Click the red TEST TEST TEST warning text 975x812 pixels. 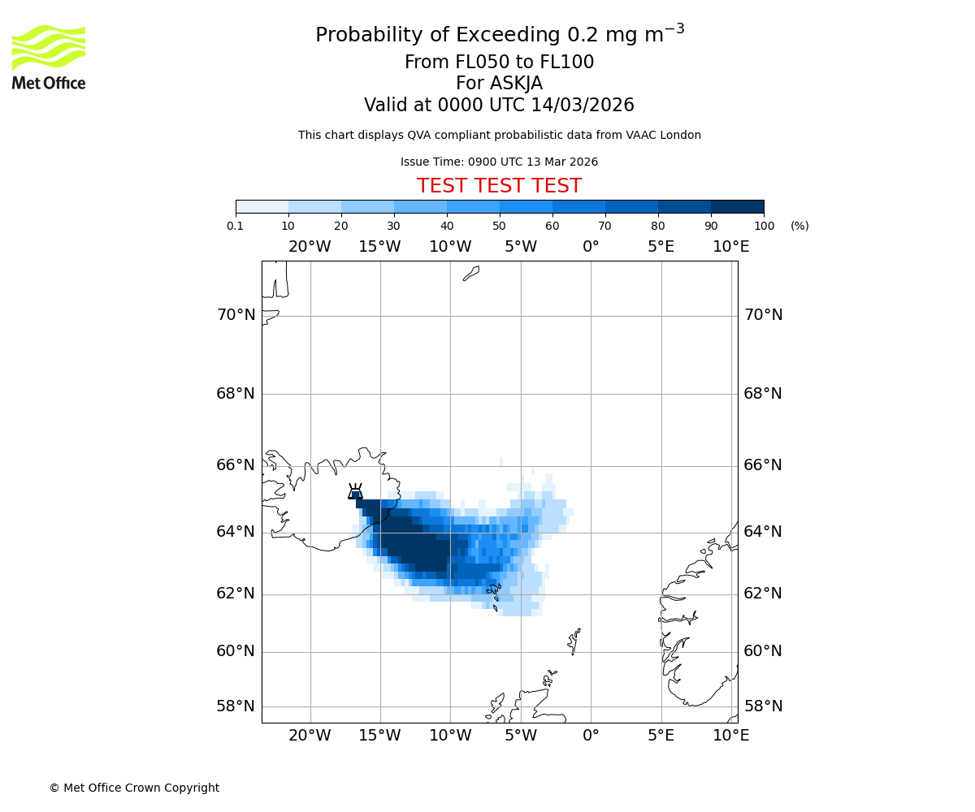(499, 186)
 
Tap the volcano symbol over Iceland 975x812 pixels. (355, 492)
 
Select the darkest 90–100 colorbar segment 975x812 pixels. (737, 206)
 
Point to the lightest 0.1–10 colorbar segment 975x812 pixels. (262, 206)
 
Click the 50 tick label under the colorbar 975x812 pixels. (499, 226)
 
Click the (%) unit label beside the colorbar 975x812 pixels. (799, 226)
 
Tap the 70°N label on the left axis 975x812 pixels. (236, 315)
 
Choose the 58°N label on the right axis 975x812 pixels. (763, 706)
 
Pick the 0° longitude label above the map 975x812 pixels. (591, 247)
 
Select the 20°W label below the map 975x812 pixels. (310, 736)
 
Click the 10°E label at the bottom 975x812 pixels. (730, 736)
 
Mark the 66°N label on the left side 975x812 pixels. (236, 465)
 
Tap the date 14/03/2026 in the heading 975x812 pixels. (583, 106)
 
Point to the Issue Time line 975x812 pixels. (499, 162)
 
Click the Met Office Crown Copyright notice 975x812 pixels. (134, 788)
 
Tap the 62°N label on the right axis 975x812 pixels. (763, 594)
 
